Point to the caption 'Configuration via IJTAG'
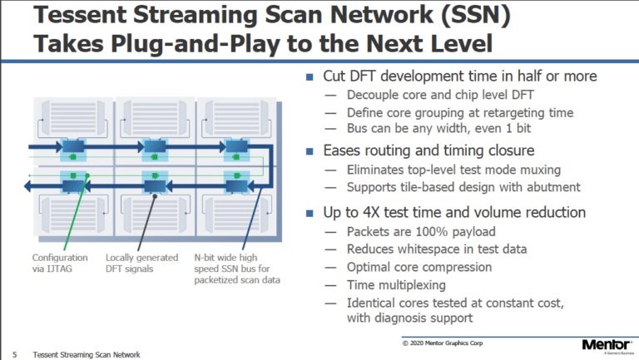pyautogui.click(x=60, y=263)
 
